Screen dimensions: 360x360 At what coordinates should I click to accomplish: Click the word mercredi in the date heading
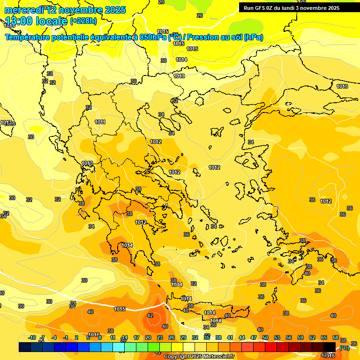coord(23,9)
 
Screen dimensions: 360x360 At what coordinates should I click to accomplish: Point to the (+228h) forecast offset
coord(83,21)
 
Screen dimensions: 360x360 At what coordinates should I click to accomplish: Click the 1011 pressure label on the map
coord(100,122)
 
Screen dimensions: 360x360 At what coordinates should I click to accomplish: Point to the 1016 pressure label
coord(94,335)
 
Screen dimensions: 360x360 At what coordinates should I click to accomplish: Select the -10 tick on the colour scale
coord(32,337)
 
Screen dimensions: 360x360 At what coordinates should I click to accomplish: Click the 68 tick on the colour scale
coord(336,337)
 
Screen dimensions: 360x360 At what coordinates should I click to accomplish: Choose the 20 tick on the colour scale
coord(148,337)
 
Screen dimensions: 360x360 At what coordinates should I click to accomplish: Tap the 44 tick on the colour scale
coord(242,337)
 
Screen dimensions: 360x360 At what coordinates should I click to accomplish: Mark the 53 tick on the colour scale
coord(277,337)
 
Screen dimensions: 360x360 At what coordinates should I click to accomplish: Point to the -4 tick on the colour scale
coord(54,337)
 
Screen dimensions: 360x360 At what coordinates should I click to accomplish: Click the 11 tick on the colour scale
coord(113,337)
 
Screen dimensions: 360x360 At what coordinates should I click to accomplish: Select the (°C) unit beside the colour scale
coord(344,348)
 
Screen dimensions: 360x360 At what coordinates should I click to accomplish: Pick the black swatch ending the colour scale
coord(330,347)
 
